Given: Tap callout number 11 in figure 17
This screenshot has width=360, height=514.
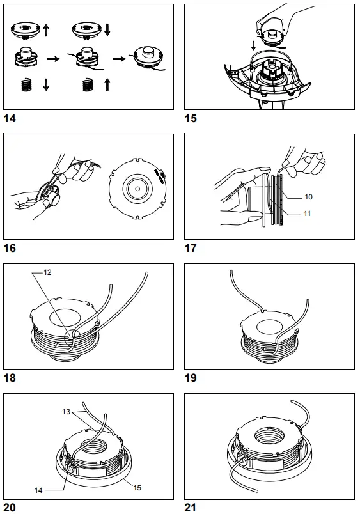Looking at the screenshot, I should [x=308, y=213].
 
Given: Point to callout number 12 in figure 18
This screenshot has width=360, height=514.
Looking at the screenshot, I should [x=48, y=272].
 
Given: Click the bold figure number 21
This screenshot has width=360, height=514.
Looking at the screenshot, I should [x=191, y=508].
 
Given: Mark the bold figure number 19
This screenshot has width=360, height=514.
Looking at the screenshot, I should [x=191, y=378].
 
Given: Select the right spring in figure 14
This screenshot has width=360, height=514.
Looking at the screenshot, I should [x=89, y=85].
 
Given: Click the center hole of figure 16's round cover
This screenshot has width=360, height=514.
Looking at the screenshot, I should [x=136, y=189].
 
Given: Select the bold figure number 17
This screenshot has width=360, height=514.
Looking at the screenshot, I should [x=191, y=248].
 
